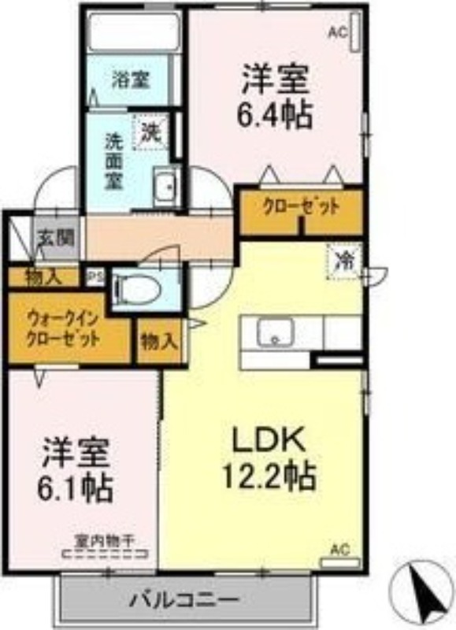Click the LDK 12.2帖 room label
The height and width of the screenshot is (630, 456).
click(x=262, y=457)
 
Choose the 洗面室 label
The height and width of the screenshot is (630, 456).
click(x=114, y=158)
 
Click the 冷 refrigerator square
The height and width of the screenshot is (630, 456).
click(x=344, y=261)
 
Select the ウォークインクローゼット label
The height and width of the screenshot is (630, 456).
click(x=64, y=330)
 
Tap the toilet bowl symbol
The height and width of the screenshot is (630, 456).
click(x=135, y=290)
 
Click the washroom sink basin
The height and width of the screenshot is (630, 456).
click(x=165, y=187)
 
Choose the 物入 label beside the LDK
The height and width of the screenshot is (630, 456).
click(x=159, y=341)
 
